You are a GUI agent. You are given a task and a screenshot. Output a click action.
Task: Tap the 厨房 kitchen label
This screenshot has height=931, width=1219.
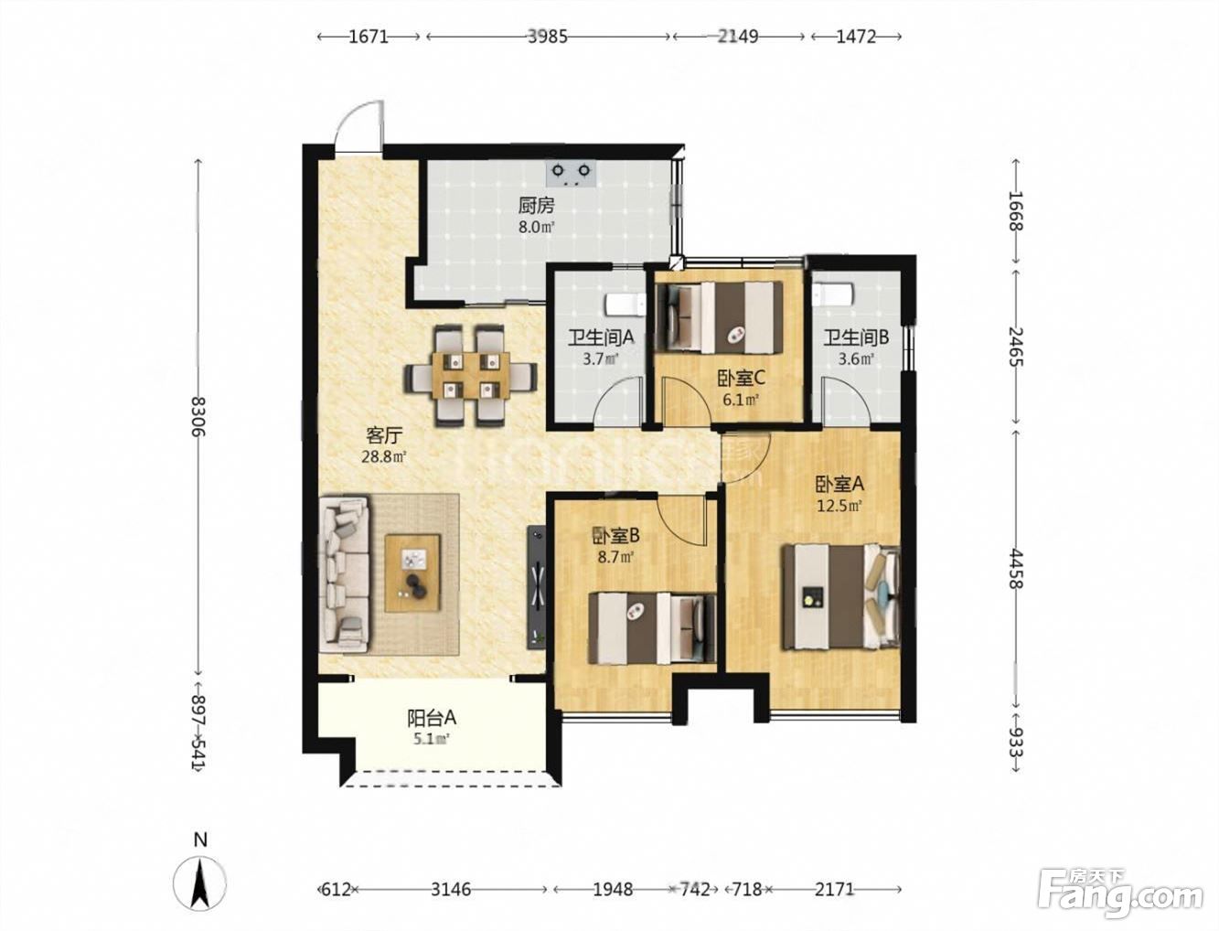(537, 207)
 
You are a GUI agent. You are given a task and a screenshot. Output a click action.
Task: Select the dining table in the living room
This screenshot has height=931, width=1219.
(471, 376)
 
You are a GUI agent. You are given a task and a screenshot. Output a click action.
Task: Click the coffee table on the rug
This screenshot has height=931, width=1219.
(412, 573)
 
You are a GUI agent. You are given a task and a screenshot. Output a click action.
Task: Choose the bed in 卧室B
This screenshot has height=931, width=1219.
(652, 628)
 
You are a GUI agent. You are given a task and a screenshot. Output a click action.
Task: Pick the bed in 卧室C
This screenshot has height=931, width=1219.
(720, 317)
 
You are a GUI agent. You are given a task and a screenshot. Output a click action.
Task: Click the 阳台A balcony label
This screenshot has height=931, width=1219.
(432, 719)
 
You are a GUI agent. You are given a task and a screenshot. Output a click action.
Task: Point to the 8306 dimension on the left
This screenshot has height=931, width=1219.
(198, 416)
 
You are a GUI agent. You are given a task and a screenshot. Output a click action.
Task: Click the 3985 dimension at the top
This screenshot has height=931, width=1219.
(548, 37)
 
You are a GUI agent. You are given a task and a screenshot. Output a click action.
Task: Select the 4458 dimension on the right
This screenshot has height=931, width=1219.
(1016, 568)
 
